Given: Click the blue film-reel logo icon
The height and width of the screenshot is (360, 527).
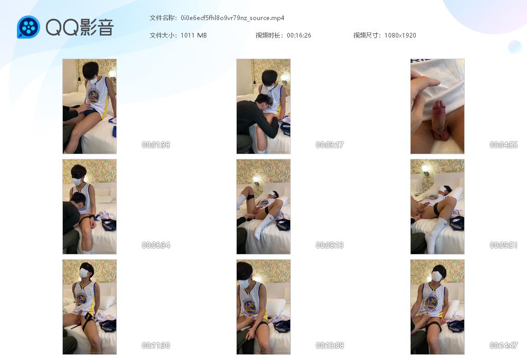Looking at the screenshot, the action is click(28, 27).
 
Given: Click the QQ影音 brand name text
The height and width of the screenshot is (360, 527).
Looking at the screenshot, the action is click(79, 27).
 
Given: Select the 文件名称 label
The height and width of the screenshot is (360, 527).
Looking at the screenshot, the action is click(162, 18).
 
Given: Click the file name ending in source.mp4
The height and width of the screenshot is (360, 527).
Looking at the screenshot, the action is click(232, 18).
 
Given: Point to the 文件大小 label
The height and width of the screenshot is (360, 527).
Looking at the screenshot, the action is click(162, 35).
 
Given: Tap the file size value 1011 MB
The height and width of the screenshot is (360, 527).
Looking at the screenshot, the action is click(194, 35).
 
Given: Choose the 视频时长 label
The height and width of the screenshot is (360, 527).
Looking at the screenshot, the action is click(269, 35).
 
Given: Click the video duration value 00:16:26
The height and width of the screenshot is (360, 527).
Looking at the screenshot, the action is click(299, 35).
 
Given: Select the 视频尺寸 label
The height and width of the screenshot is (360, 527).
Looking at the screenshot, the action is click(366, 35).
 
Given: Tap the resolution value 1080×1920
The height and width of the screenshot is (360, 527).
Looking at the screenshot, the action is click(400, 35).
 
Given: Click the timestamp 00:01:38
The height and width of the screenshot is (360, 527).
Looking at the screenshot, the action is click(155, 145).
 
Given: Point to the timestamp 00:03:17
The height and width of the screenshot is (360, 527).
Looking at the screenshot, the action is click(329, 145).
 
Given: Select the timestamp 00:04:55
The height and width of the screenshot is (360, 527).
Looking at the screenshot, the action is click(503, 145).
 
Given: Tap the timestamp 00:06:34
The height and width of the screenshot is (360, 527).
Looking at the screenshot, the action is click(155, 245).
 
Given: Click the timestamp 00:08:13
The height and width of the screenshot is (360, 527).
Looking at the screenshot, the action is click(329, 245).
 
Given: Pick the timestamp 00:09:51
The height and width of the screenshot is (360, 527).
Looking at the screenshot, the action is click(503, 245).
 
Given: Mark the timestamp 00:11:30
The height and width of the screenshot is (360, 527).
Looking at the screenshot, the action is click(155, 345).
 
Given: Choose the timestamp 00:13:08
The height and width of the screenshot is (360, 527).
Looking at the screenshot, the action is click(329, 345).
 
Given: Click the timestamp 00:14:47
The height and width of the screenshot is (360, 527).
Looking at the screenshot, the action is click(503, 345).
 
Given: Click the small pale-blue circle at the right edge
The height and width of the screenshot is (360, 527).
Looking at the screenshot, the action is click(515, 47).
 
